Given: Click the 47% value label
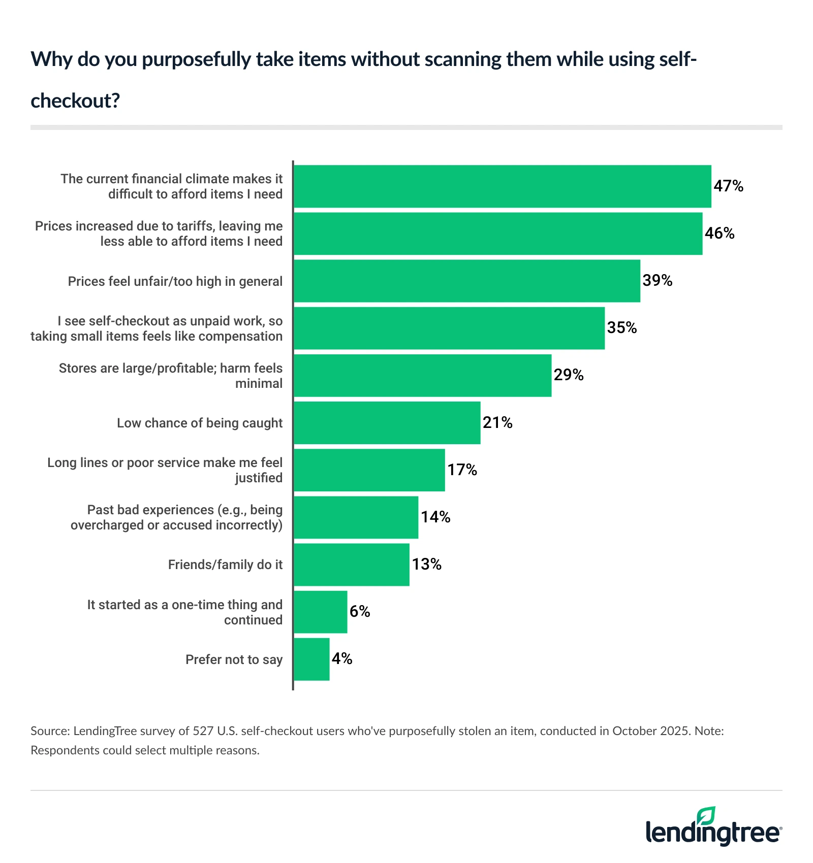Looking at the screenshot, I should pos(728,186).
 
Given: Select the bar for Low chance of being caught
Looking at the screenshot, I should pos(387,423).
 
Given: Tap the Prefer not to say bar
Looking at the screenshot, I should pos(311,659).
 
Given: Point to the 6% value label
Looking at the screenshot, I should pos(360,611).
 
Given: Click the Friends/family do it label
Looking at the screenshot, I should pos(225,565).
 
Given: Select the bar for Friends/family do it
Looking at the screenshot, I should pos(351,565).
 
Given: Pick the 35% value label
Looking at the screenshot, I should pos(622,328).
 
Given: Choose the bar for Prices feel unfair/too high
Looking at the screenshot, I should pos(466,281).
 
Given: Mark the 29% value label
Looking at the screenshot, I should pos(569,375).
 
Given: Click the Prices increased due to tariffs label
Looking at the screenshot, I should pos(159,234).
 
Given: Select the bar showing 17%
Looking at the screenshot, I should pos(369,470).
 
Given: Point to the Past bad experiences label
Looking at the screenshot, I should pos(176,517).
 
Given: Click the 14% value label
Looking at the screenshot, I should pos(435,517).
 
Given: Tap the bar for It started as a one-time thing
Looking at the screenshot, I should pos(320,612).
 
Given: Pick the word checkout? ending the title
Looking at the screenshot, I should pos(75,101).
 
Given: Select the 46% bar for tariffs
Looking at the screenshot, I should pos(498,234).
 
